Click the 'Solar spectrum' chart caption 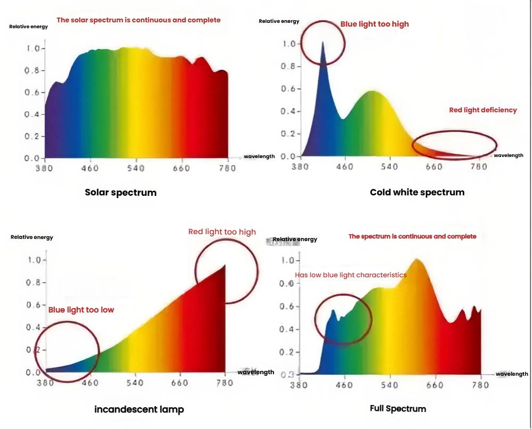click(x=121, y=193)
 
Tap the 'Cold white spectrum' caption click(x=417, y=192)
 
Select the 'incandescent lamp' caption click(x=139, y=409)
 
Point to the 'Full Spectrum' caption click(x=398, y=409)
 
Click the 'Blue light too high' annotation click(x=375, y=24)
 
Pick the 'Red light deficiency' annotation click(x=483, y=110)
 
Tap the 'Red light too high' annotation click(x=222, y=232)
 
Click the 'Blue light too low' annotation click(x=81, y=310)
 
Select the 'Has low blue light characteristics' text click(x=351, y=275)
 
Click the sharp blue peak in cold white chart click(x=322, y=44)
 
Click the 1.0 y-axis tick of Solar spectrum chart click(x=33, y=49)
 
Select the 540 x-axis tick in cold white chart click(x=390, y=167)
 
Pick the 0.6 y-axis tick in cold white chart click(x=288, y=89)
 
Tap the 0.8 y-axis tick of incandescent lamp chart click(x=35, y=283)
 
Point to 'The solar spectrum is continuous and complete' click(x=138, y=20)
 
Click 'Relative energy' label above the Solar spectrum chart click(x=28, y=26)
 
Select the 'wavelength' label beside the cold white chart click(x=509, y=155)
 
